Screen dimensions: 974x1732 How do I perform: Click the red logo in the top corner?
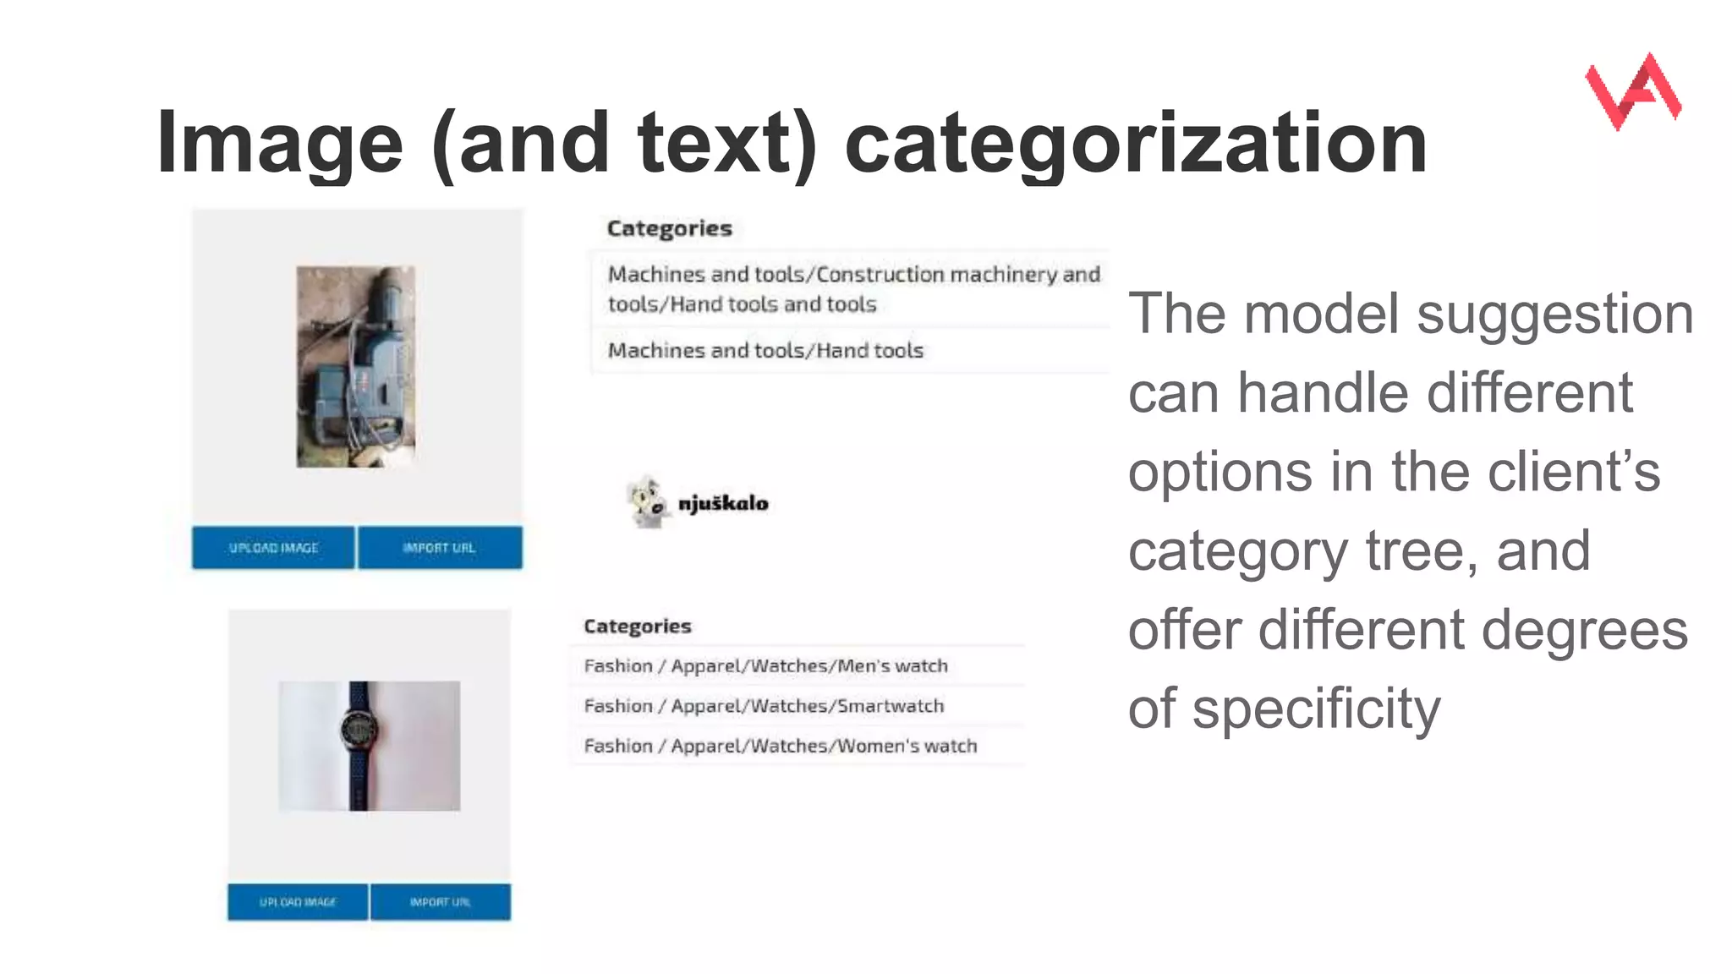(x=1633, y=91)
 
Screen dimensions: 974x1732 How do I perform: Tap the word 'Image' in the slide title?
(x=280, y=143)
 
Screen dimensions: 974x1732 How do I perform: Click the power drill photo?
(x=355, y=367)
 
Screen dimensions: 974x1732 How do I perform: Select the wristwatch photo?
(x=370, y=746)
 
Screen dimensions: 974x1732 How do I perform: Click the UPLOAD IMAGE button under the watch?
(x=298, y=902)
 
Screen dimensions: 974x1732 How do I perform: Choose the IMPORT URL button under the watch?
(x=441, y=902)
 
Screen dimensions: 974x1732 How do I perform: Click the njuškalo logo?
(x=699, y=503)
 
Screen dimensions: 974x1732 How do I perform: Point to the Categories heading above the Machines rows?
(x=669, y=228)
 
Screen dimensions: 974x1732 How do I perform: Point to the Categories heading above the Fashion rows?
(x=637, y=627)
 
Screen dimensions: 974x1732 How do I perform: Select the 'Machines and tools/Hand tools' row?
(x=765, y=350)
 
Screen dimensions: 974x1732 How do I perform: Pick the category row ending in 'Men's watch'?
(x=765, y=666)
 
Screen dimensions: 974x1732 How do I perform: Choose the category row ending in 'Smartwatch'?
(x=764, y=706)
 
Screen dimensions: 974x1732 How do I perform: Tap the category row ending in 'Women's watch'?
(x=780, y=746)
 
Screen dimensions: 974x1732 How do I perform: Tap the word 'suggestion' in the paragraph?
(x=1554, y=314)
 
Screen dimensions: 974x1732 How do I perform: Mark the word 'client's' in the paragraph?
(x=1574, y=471)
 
